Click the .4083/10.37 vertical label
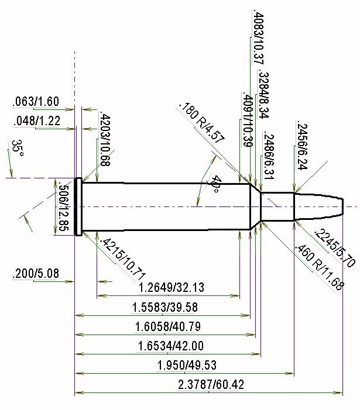pyautogui.click(x=259, y=36)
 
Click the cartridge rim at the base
pyautogui.click(x=78, y=207)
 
